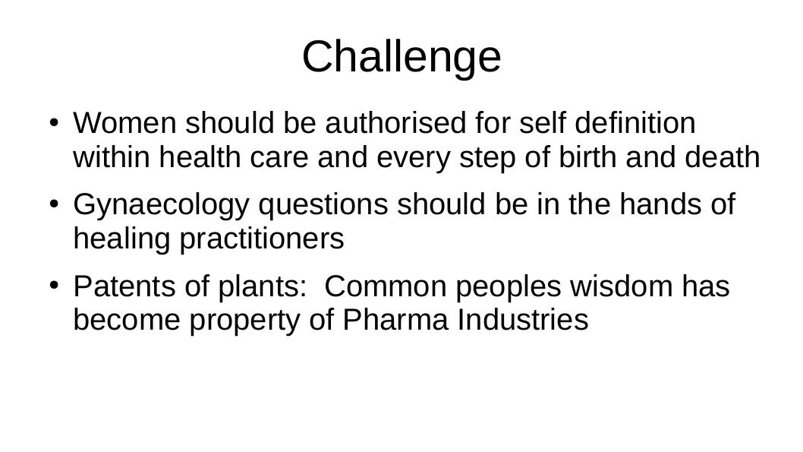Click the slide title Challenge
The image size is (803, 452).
click(401, 58)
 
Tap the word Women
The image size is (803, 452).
click(125, 123)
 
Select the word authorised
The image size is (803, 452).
click(395, 123)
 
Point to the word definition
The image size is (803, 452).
click(635, 123)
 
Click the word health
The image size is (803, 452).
click(200, 156)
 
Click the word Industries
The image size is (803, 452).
click(523, 320)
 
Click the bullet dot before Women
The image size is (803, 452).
click(55, 123)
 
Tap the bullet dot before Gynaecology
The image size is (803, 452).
click(55, 204)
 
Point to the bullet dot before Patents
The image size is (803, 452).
click(55, 286)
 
